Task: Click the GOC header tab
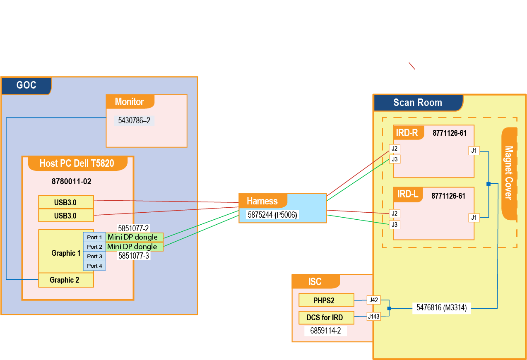[26, 86]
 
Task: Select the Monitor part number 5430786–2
[134, 121]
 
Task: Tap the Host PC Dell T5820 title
[77, 163]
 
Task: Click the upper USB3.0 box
[66, 202]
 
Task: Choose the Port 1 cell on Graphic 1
[94, 237]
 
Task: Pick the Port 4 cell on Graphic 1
[94, 266]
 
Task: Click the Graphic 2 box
[66, 280]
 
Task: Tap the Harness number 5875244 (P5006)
[273, 215]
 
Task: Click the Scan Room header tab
[418, 103]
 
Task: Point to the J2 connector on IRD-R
[395, 149]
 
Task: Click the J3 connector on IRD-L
[395, 225]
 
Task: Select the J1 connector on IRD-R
[474, 151]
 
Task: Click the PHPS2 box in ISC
[326, 300]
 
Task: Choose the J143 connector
[373, 317]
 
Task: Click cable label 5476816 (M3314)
[441, 307]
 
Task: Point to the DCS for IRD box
[326, 318]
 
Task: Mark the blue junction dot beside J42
[389, 308]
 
